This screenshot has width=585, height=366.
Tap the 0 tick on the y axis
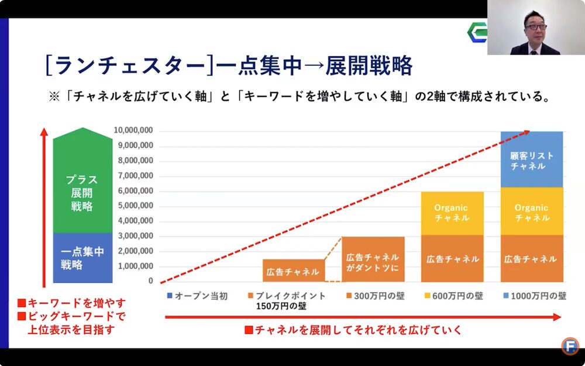coord(150,281)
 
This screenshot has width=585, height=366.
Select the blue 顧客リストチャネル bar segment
coord(532,159)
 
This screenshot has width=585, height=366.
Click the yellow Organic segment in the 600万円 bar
coord(452,213)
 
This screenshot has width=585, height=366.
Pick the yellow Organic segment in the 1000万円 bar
coord(532,212)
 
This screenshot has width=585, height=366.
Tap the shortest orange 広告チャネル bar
coord(293,271)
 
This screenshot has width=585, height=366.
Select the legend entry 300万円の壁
coord(374,296)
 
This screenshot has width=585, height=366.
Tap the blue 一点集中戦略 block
coord(82,258)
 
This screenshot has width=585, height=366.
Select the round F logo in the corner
coord(569,346)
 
